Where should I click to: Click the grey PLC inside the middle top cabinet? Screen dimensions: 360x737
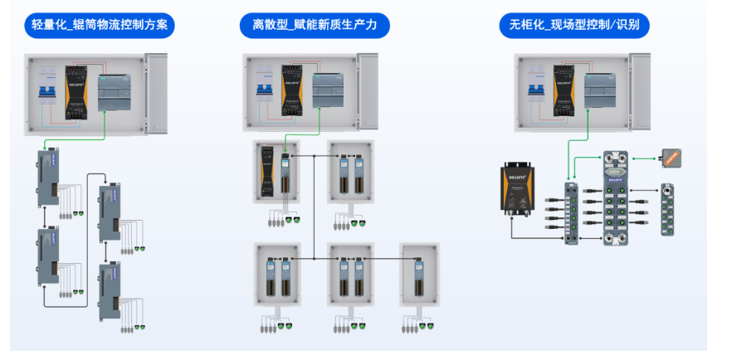coord(333,90)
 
